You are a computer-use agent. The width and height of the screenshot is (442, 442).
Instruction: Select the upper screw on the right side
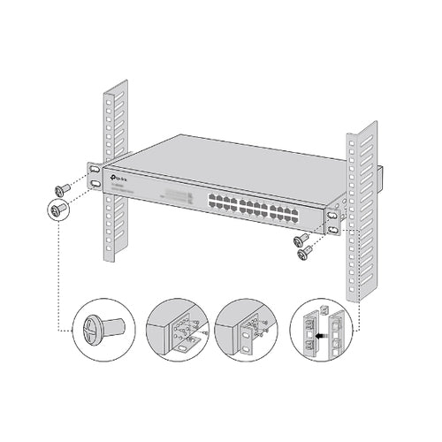point(301,239)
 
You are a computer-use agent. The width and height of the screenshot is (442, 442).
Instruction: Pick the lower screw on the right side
point(306,253)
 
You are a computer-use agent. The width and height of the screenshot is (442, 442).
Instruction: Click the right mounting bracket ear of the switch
point(332,222)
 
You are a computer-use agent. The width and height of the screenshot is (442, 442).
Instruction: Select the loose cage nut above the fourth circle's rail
point(322,309)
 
